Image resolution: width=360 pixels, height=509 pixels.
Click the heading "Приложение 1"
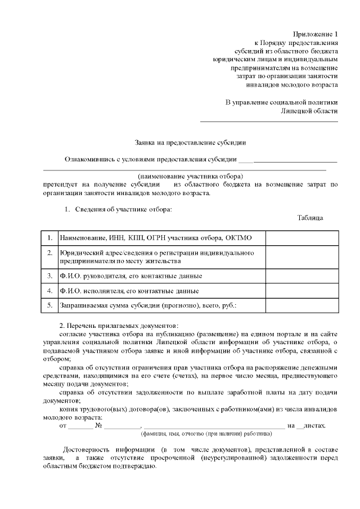[316, 34]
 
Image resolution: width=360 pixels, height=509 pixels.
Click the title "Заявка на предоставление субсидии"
[191, 143]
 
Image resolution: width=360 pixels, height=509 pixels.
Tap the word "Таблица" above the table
[310, 218]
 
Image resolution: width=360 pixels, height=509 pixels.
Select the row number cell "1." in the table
[50, 238]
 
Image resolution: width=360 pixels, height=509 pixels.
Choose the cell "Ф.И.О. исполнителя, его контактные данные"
[129, 291]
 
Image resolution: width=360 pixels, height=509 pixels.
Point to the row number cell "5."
[50, 306]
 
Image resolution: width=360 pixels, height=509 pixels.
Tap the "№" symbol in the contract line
[99, 426]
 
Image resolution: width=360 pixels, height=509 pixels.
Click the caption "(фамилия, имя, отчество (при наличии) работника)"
[206, 434]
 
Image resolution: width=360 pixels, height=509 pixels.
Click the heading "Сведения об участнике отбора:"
[123, 210]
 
